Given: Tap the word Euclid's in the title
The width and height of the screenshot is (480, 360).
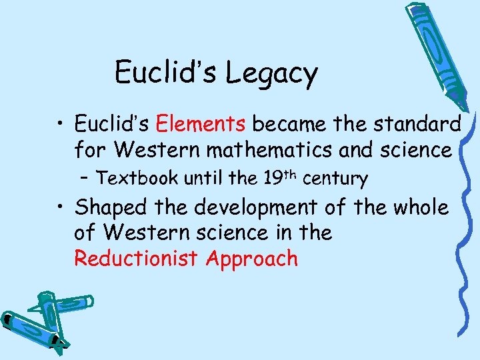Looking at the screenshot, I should (x=167, y=72).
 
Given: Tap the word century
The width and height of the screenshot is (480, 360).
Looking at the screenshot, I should (x=335, y=179).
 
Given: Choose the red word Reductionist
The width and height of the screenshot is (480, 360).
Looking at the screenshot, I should (x=137, y=258).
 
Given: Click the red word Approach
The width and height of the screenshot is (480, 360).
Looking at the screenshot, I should (x=251, y=259).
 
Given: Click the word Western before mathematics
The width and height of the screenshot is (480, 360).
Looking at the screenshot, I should (x=155, y=150).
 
